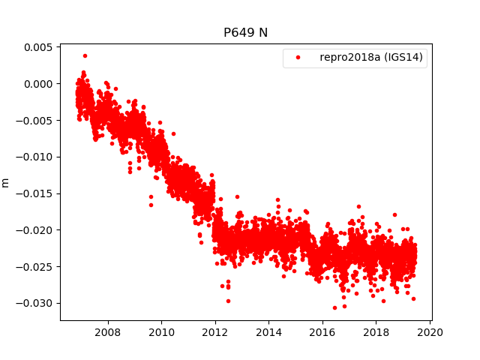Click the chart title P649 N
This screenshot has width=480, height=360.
point(245,33)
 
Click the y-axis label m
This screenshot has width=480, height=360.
point(6,182)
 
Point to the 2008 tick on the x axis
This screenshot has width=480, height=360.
point(108,331)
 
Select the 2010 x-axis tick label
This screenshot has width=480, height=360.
point(161,331)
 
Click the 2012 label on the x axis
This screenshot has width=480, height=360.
point(215,331)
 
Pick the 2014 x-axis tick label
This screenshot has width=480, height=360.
point(268,331)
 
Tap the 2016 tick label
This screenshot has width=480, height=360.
point(322,331)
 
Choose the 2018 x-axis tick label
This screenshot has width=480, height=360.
point(376,331)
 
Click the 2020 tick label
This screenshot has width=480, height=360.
point(430,331)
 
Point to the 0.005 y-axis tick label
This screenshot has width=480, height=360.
point(38,47)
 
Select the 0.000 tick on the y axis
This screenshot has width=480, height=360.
point(38,84)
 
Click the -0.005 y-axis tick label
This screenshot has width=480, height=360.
point(36,120)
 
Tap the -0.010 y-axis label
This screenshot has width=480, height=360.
point(36,157)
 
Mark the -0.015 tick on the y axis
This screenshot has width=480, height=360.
point(36,193)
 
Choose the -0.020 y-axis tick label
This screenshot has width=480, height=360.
point(36,230)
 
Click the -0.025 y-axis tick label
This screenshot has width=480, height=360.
point(36,266)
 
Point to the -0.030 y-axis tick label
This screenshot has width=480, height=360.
point(36,303)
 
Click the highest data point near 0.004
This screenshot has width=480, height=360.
point(85,55)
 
